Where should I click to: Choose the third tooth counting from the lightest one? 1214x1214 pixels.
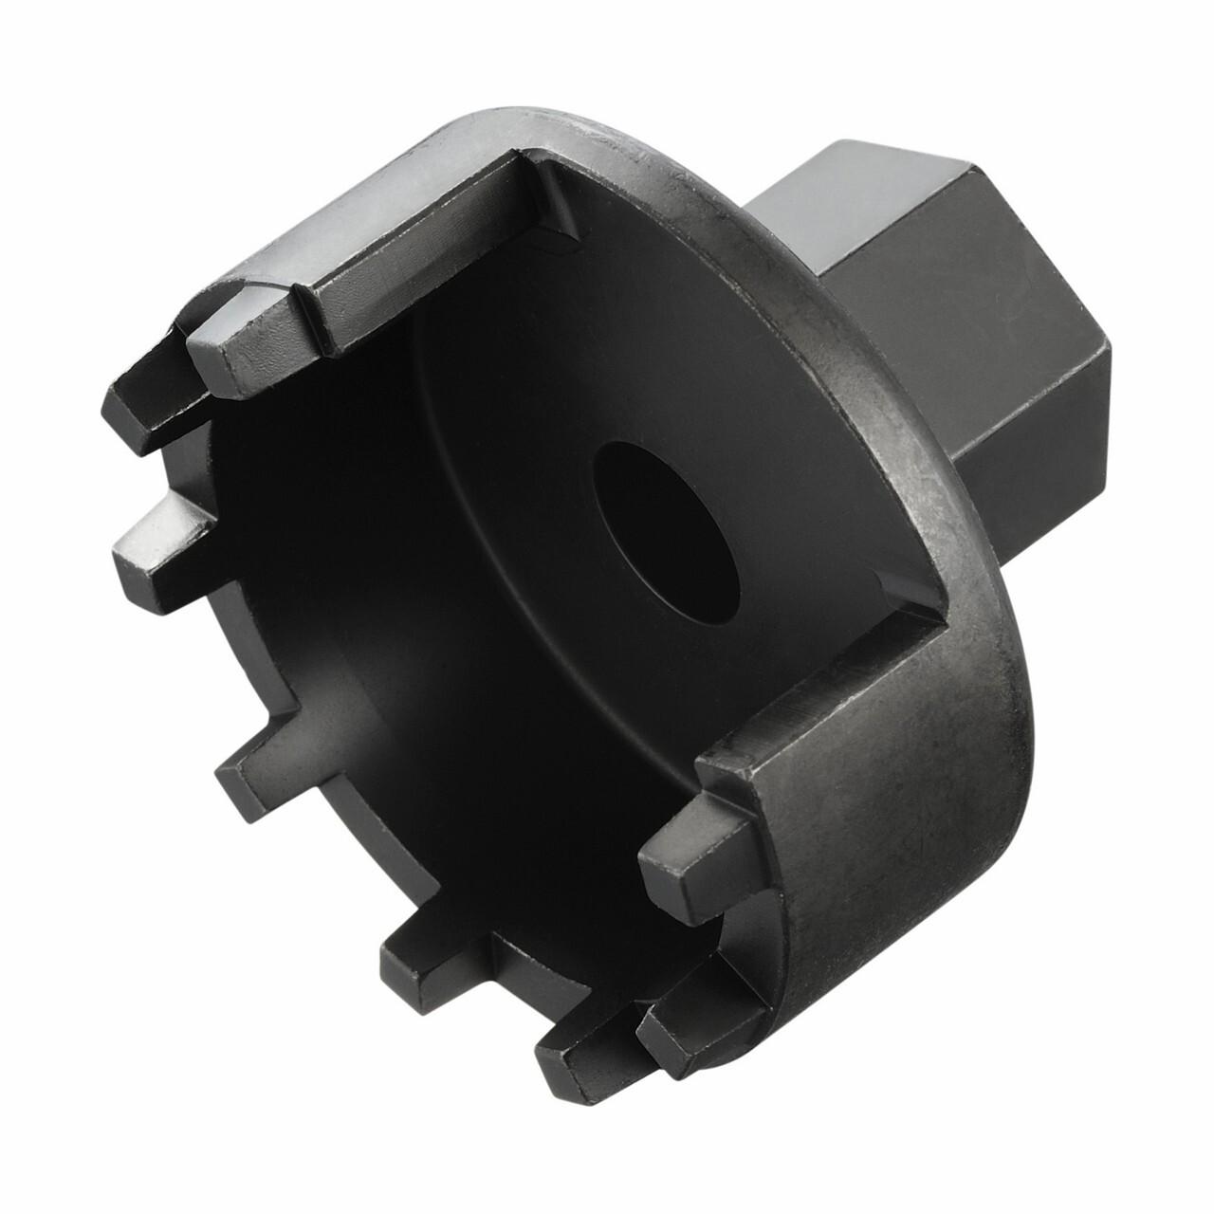coord(161,537)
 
